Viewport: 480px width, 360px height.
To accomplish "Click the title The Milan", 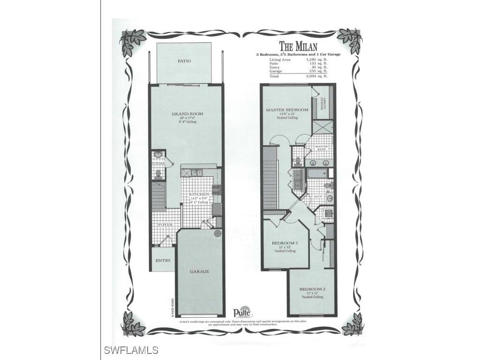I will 298,46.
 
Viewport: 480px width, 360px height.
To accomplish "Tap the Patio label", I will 184,61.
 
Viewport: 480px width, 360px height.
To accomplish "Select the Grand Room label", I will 184,113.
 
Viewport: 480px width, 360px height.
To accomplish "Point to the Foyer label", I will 165,225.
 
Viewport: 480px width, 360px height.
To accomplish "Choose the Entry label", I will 163,261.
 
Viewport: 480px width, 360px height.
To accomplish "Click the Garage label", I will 199,271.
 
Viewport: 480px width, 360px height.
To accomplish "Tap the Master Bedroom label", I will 287,110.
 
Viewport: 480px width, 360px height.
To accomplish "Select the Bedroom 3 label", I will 285,243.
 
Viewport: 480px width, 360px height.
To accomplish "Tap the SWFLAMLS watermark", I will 131,350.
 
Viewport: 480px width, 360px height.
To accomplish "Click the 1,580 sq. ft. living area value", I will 316,60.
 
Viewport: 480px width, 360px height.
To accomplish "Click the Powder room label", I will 157,163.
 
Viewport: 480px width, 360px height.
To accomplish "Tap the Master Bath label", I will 321,147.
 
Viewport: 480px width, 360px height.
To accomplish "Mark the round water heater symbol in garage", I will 217,232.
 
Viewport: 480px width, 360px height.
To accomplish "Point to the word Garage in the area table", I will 276,71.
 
